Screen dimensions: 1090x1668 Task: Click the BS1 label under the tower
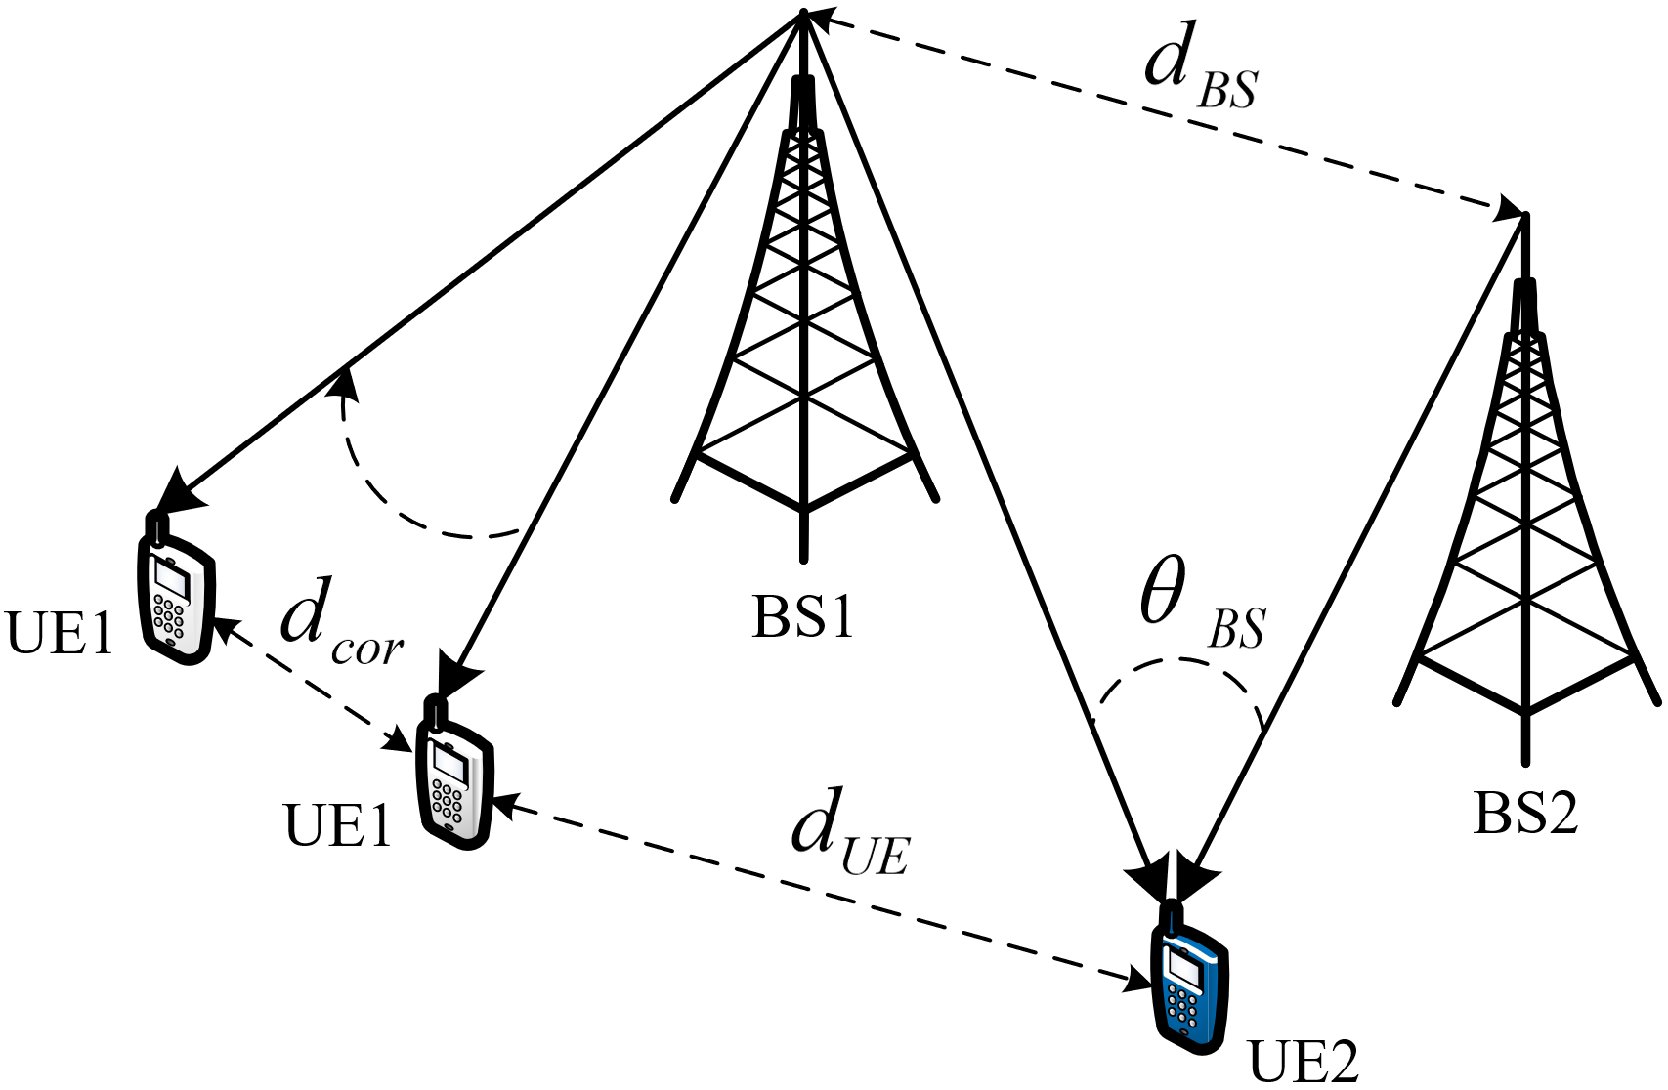pyautogui.click(x=802, y=617)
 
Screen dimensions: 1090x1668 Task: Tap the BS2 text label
pyautogui.click(x=1525, y=815)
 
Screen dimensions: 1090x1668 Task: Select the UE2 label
pyautogui.click(x=1304, y=1065)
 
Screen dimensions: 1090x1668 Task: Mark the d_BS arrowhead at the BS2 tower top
pyautogui.click(x=1510, y=209)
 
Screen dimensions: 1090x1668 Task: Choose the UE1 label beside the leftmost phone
pyautogui.click(x=59, y=633)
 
